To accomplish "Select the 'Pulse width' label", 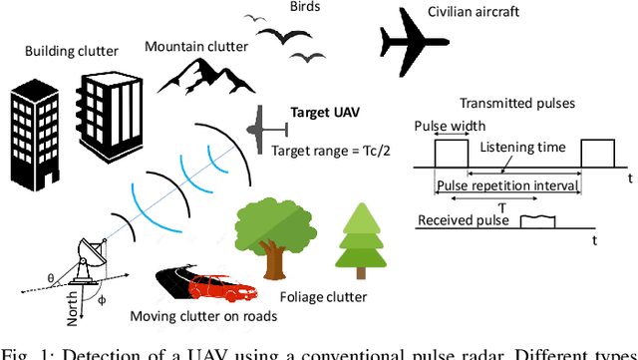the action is tap(451, 127).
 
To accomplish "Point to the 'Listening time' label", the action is tap(523, 148).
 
